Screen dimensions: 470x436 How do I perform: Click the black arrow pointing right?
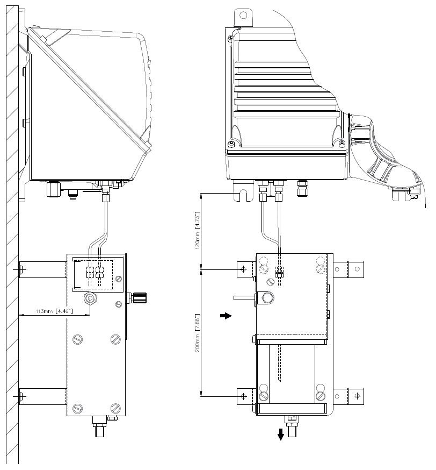[x=226, y=316]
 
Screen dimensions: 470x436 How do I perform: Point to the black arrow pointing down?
[x=281, y=435]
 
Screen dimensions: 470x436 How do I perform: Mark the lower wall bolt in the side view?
[x=20, y=397]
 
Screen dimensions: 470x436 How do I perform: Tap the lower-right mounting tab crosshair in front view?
[x=355, y=396]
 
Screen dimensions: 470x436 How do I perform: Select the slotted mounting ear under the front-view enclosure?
[x=239, y=195]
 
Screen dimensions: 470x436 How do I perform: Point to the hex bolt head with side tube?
[x=267, y=297]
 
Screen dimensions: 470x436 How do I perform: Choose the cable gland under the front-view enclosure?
[x=302, y=188]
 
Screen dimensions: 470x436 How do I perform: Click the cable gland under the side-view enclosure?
[x=52, y=189]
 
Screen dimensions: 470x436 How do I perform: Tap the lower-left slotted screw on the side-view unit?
[x=78, y=408]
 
